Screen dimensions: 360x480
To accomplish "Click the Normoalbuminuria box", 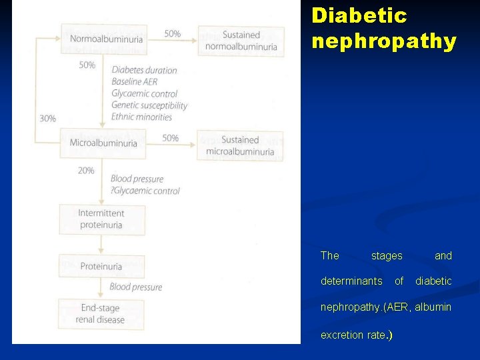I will click(104, 39).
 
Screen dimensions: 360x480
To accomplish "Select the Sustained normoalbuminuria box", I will click(241, 41).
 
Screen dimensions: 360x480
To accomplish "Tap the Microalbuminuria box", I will click(103, 143).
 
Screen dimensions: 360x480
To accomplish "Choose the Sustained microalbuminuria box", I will click(240, 146).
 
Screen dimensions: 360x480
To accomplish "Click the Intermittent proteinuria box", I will click(101, 219).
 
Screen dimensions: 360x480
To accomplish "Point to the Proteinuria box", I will click(101, 267).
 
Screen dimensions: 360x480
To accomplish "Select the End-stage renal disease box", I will click(101, 314).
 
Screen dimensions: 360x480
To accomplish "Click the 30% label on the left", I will click(48, 119).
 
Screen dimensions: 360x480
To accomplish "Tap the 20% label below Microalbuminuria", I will click(86, 171).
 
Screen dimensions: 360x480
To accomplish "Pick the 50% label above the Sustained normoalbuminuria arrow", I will click(172, 33).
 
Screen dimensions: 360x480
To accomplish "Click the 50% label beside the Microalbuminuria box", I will click(171, 138).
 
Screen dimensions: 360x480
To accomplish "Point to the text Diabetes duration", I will click(145, 71).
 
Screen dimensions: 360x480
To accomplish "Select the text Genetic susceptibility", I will click(149, 105).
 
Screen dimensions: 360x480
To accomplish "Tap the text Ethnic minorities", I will click(142, 117).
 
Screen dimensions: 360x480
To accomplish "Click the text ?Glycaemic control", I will click(145, 191).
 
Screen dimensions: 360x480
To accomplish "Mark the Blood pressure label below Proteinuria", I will click(136, 287).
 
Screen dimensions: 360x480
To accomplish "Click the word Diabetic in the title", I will click(359, 15).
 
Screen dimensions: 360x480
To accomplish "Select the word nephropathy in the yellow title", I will click(384, 41).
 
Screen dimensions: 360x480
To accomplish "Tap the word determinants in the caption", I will click(351, 281).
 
